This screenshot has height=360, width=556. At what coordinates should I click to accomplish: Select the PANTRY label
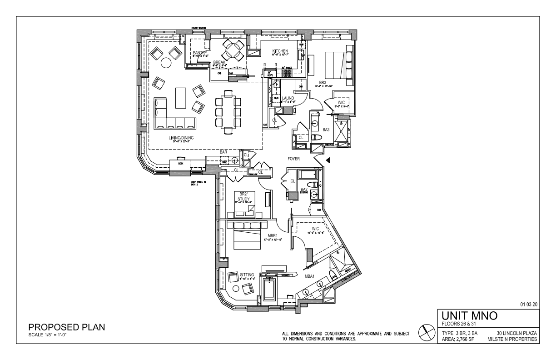tap(200, 53)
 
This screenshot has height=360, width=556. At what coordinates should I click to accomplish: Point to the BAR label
tap(223, 152)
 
